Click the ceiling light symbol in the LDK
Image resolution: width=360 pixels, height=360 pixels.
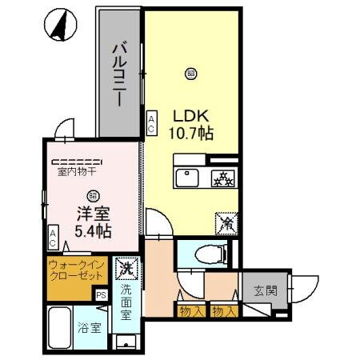point(190,73)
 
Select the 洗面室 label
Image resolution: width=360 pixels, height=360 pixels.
point(127,302)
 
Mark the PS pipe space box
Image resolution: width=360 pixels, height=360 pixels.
point(101,294)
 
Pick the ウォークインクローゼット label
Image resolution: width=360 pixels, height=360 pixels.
point(75,269)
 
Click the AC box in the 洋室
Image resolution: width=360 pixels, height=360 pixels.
point(52,237)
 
